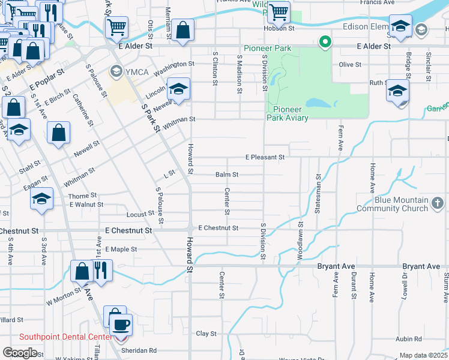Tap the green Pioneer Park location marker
pos(325,42)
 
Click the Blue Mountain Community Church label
pos(401,204)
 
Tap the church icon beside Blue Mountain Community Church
pos(439,205)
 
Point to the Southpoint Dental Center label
pos(65,337)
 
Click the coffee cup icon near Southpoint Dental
pos(122,325)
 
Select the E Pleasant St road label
pos(264,157)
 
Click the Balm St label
pos(227,175)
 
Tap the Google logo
pos(20,352)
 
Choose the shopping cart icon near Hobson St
pos(279,11)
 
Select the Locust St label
pos(141,214)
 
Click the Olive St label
pos(349,64)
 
